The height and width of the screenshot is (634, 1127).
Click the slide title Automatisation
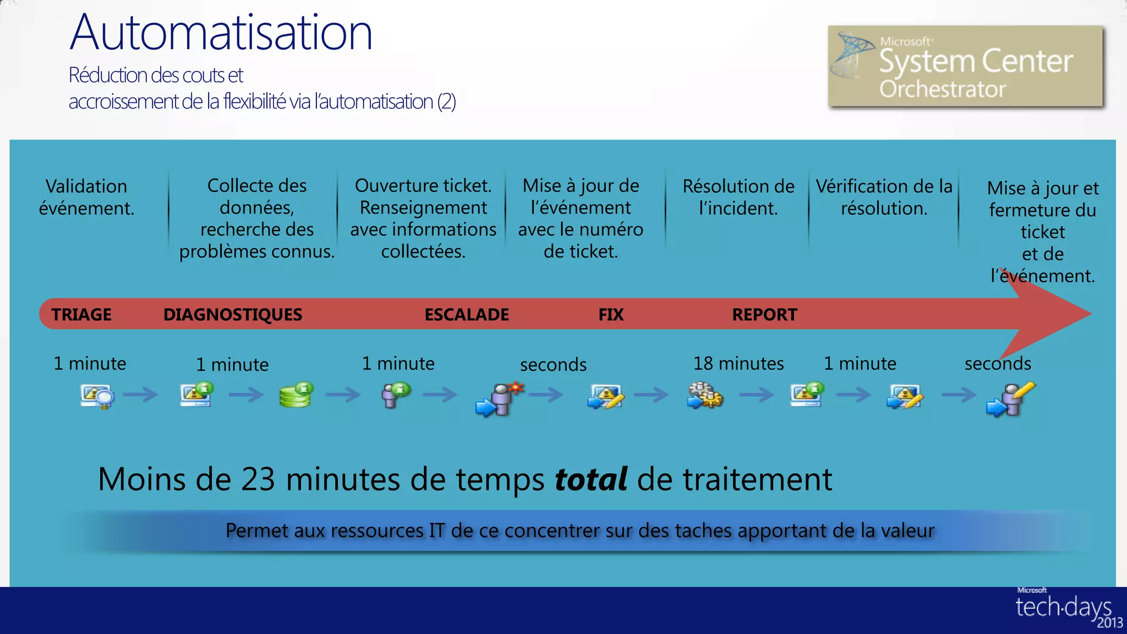[x=221, y=33]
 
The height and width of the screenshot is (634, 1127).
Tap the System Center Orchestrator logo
[x=966, y=66]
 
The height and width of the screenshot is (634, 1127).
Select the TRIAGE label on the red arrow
[x=81, y=314]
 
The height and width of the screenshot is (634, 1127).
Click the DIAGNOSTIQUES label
[x=233, y=314]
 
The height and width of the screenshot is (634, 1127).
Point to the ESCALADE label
[x=467, y=314]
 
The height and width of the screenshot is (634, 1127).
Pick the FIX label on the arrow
[x=611, y=314]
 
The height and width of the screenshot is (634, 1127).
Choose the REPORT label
[x=764, y=314]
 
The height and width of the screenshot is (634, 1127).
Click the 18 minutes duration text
[x=738, y=363]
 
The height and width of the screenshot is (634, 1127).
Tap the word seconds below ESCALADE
[x=553, y=364]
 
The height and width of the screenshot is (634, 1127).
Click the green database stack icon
[x=296, y=395]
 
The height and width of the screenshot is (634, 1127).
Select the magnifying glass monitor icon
[x=97, y=396]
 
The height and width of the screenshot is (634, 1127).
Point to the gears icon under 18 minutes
[x=705, y=396]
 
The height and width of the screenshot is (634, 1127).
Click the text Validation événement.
[x=86, y=197]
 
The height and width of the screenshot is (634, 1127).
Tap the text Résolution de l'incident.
[x=738, y=197]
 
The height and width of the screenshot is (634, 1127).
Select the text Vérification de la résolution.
[x=884, y=197]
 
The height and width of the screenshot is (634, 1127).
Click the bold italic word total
[x=590, y=479]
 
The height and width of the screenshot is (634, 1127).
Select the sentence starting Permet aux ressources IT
[x=579, y=531]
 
